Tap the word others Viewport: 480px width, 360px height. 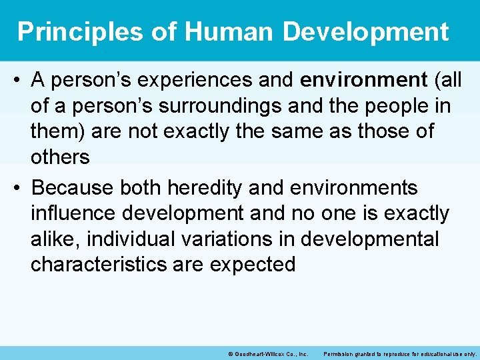pyautogui.click(x=60, y=157)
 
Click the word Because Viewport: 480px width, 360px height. pyautogui.click(x=73, y=189)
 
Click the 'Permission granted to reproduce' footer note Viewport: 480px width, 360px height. pyautogui.click(x=399, y=353)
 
